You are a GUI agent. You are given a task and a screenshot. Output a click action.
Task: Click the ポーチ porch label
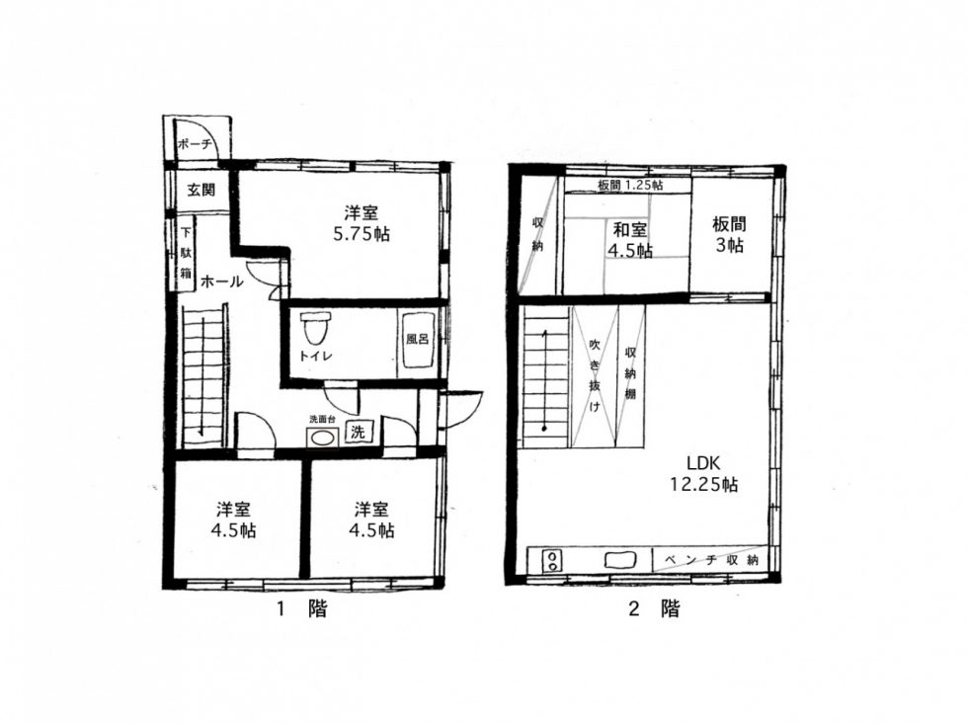point(196,144)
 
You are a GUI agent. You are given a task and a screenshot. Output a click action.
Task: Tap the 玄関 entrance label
point(202,190)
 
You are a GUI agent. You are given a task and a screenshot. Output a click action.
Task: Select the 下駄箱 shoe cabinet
point(186,254)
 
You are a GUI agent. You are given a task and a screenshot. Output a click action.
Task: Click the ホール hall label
point(221,282)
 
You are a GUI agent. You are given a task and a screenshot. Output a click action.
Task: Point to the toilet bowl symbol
point(315,328)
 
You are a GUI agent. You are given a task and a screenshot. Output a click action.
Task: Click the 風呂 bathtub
point(418,343)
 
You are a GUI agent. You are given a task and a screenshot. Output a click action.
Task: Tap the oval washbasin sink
point(322,439)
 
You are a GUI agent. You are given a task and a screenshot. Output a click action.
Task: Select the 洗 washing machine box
point(358,433)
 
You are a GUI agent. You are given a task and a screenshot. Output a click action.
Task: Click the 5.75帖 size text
point(362,235)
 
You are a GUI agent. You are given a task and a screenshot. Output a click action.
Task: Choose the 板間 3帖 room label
point(729,234)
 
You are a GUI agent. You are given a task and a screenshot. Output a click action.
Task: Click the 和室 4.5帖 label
point(630,240)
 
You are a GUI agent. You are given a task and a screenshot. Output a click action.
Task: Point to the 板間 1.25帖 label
point(630,185)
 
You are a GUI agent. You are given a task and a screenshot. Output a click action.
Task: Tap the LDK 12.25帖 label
point(704,473)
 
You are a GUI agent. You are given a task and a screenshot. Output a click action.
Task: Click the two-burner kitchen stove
point(552,561)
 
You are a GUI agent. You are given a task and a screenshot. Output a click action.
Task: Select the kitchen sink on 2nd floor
point(620,560)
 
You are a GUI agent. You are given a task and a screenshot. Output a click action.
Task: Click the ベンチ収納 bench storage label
point(711,560)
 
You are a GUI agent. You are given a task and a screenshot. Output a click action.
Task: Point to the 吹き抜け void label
point(595,374)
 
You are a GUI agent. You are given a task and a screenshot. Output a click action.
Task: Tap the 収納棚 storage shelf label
point(630,373)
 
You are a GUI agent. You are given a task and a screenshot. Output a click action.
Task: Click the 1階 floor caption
point(302,608)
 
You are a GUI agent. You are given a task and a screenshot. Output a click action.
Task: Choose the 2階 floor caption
point(654,608)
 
